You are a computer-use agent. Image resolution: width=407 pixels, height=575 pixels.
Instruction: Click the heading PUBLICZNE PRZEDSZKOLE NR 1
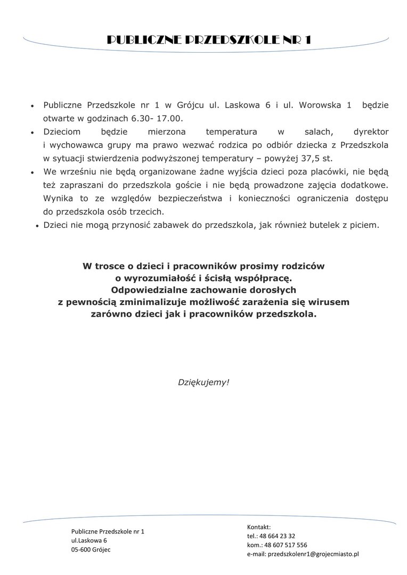coord(209,40)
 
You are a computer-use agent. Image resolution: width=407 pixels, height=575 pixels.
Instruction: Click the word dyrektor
coord(371,131)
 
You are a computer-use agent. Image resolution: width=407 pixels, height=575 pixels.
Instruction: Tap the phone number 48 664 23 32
coord(276,536)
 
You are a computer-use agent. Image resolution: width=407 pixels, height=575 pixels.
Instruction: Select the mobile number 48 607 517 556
coord(283,545)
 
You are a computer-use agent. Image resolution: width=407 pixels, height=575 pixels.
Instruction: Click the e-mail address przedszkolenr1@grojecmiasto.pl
coord(313,554)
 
